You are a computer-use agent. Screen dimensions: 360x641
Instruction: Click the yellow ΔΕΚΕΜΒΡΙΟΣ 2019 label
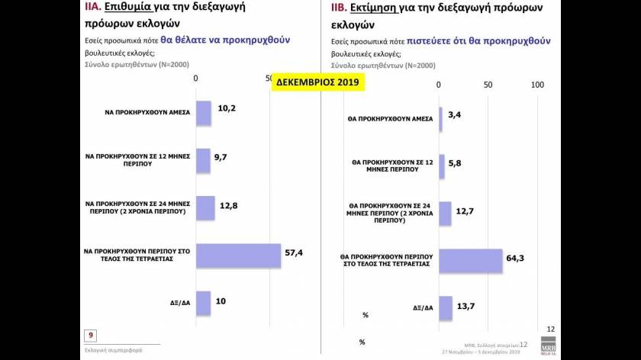318,81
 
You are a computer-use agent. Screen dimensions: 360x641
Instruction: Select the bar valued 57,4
238,255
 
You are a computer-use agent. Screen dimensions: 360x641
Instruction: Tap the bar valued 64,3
470,260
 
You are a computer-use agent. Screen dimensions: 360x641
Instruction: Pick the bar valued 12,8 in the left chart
205,207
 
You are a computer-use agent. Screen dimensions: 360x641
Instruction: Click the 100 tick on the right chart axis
536,84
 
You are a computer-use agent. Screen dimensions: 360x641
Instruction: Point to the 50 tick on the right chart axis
488,84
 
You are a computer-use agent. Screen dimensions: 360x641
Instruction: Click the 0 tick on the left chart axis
196,79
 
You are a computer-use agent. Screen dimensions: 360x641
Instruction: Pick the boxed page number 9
91,335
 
